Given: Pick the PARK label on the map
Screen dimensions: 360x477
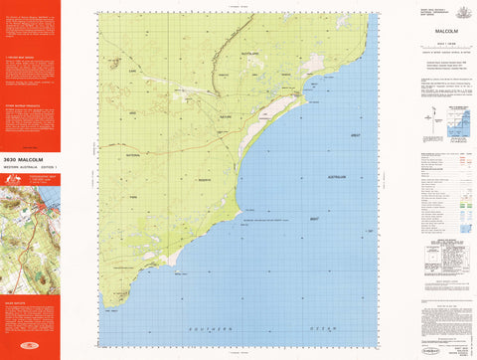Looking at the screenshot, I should tap(130, 210).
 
